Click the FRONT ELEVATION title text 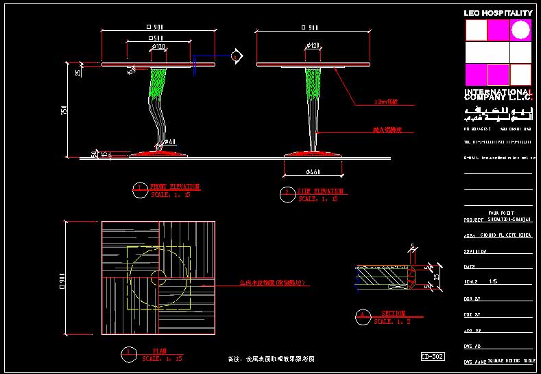pos(175,186)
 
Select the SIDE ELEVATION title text pos(320,191)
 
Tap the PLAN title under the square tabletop pos(159,351)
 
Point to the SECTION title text pos(393,313)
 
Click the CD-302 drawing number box pos(433,356)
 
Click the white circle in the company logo pos(520,30)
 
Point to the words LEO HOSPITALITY pos(498,13)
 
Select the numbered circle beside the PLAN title pos(128,353)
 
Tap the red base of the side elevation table pos(314,154)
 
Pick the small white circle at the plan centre pos(158,278)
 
